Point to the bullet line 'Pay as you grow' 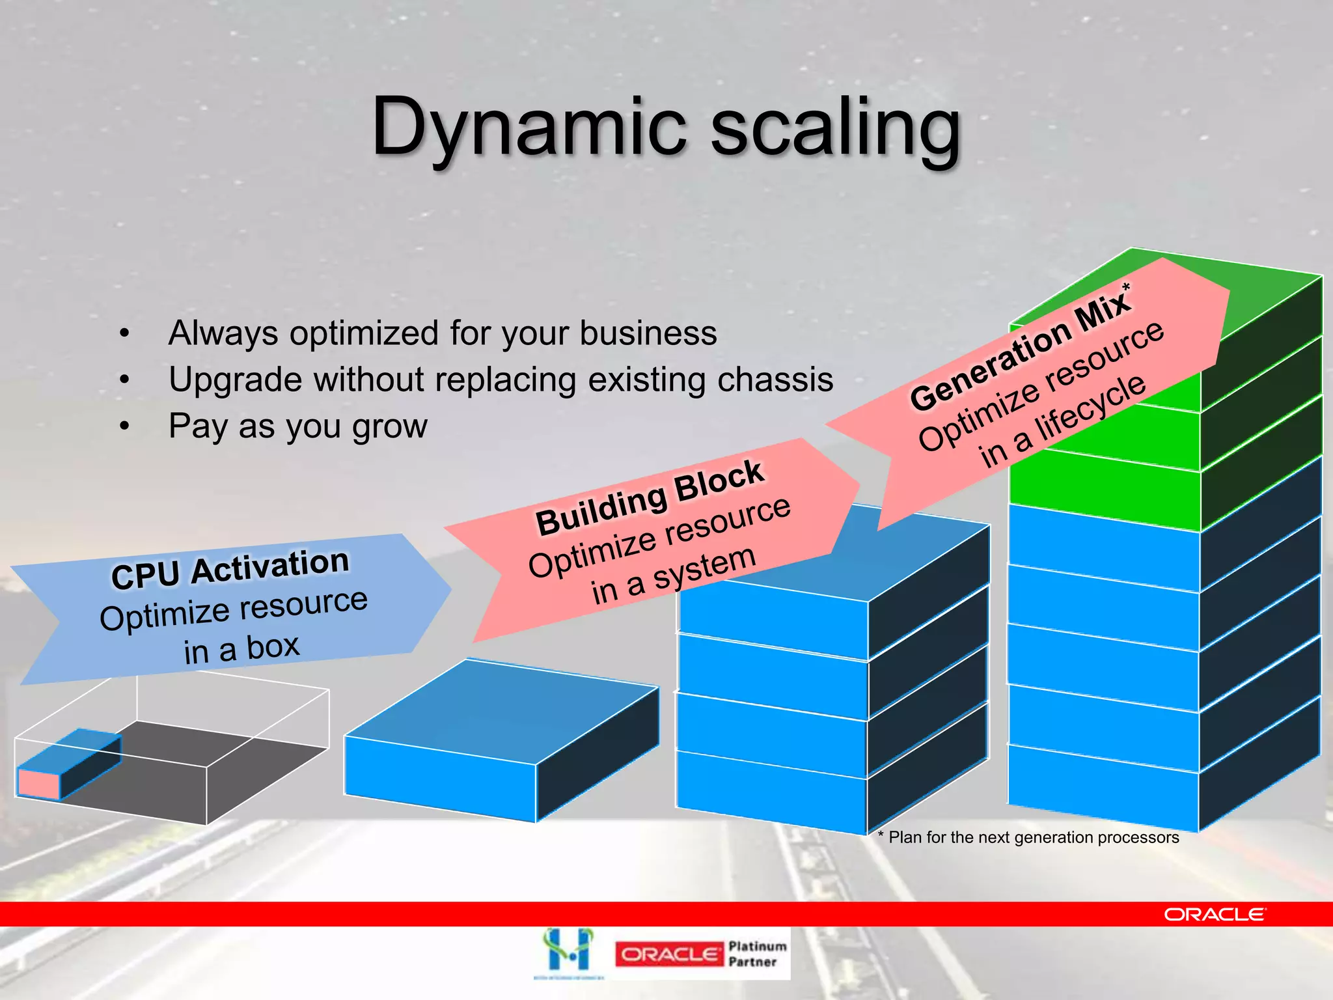[x=297, y=427]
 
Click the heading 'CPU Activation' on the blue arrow [x=230, y=568]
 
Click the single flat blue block [x=501, y=742]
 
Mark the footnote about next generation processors [x=1028, y=837]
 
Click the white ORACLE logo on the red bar [x=1215, y=915]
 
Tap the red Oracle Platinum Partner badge [x=668, y=954]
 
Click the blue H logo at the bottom [x=569, y=951]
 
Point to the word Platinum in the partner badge [x=757, y=946]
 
